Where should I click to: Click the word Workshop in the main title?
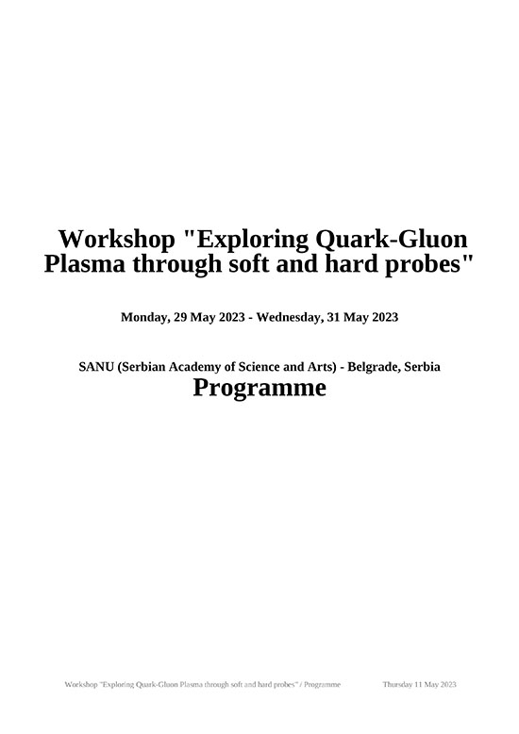click(116, 240)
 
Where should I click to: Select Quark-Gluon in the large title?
click(392, 241)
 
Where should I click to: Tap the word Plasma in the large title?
click(85, 263)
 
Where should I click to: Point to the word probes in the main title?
click(424, 265)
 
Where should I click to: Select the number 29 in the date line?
click(180, 317)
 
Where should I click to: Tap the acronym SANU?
click(96, 367)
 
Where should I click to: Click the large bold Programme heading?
click(259, 388)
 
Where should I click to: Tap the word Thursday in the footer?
click(397, 684)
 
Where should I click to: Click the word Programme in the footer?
click(323, 684)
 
